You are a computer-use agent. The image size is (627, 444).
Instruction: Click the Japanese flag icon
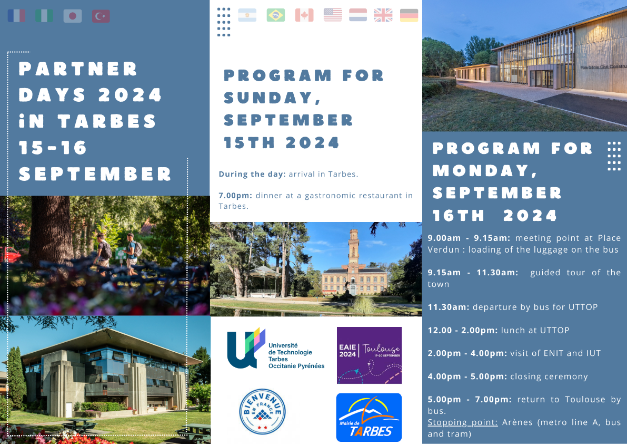(x=72, y=16)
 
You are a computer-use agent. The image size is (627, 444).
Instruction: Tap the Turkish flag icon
(x=101, y=16)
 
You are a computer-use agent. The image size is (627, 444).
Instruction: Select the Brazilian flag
(x=275, y=15)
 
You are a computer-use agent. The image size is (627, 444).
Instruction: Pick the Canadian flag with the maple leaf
(x=304, y=15)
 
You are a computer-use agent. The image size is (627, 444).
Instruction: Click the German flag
(x=409, y=15)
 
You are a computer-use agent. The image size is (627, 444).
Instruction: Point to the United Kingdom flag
(x=383, y=15)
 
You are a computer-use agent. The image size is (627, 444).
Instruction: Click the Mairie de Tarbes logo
(x=369, y=418)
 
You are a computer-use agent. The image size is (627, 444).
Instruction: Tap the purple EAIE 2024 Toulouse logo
(x=369, y=355)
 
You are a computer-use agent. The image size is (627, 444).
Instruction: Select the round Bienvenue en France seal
(x=262, y=412)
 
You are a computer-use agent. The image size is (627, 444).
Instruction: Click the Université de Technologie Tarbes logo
(x=275, y=349)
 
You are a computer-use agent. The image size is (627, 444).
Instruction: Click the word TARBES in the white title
(x=107, y=121)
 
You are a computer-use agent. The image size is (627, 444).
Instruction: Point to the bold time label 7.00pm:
(x=235, y=196)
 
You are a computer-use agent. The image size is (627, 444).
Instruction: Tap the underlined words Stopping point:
(x=463, y=422)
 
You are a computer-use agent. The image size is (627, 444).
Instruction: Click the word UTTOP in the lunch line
(x=555, y=330)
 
